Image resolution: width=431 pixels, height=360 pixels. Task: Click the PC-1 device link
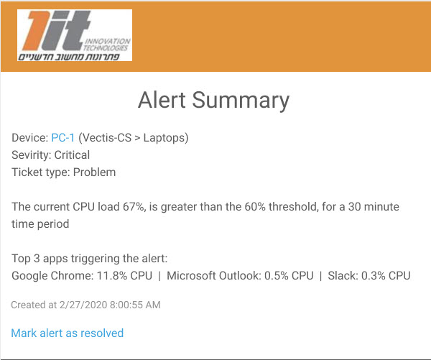coord(63,137)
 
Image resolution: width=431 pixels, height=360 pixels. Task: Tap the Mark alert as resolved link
coord(68,333)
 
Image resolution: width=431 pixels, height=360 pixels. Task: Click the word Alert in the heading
coord(162,100)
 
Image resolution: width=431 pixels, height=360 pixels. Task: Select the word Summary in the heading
coord(241,101)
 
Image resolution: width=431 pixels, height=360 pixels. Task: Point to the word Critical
coord(72,154)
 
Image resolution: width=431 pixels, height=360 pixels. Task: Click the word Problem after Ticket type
coord(94,172)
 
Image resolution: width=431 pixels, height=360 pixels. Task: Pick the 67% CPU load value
coord(134,207)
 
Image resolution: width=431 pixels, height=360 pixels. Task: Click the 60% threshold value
coord(255,207)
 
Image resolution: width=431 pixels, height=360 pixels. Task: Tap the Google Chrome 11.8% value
coord(112,276)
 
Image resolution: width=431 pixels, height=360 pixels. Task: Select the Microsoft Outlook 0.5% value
coord(277,276)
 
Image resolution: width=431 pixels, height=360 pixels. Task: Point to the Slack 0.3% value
coord(374,276)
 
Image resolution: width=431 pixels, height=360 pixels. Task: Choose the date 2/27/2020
coord(83,305)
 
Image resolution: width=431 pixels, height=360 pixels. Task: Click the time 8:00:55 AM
coord(135,305)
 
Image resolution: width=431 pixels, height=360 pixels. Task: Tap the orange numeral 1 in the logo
coord(36,31)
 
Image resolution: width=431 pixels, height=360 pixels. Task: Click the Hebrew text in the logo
coord(69,57)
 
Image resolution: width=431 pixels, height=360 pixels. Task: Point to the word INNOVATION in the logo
coord(108,41)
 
